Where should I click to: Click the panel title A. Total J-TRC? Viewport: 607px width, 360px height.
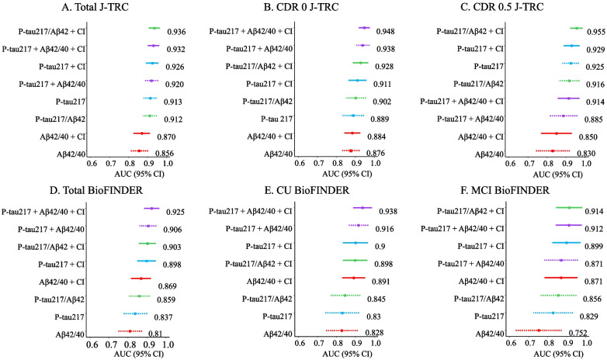coord(95,6)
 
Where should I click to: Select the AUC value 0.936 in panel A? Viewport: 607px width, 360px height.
coord(176,32)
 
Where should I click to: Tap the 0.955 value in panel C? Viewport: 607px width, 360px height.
coord(596,32)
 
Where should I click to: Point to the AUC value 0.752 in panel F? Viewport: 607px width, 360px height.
coord(578,333)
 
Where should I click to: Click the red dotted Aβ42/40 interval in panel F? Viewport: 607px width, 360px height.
coord(539,331)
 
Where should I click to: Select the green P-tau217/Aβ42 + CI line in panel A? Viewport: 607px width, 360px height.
coord(154,28)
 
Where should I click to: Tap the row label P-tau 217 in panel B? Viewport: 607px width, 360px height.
coord(276,119)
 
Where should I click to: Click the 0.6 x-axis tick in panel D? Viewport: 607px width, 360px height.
coord(92,344)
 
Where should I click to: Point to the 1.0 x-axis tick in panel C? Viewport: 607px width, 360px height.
coord(586,163)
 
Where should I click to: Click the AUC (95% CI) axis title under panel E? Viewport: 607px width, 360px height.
coord(347,354)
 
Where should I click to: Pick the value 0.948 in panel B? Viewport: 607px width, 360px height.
coord(386,31)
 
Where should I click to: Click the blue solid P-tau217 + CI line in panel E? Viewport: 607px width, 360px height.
coord(355,243)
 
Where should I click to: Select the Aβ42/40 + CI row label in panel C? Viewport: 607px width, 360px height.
coord(480,137)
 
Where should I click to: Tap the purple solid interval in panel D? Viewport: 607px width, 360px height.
coord(151,208)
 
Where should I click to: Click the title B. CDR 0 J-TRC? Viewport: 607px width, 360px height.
coord(301,6)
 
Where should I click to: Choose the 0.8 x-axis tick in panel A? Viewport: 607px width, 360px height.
coord(130,163)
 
